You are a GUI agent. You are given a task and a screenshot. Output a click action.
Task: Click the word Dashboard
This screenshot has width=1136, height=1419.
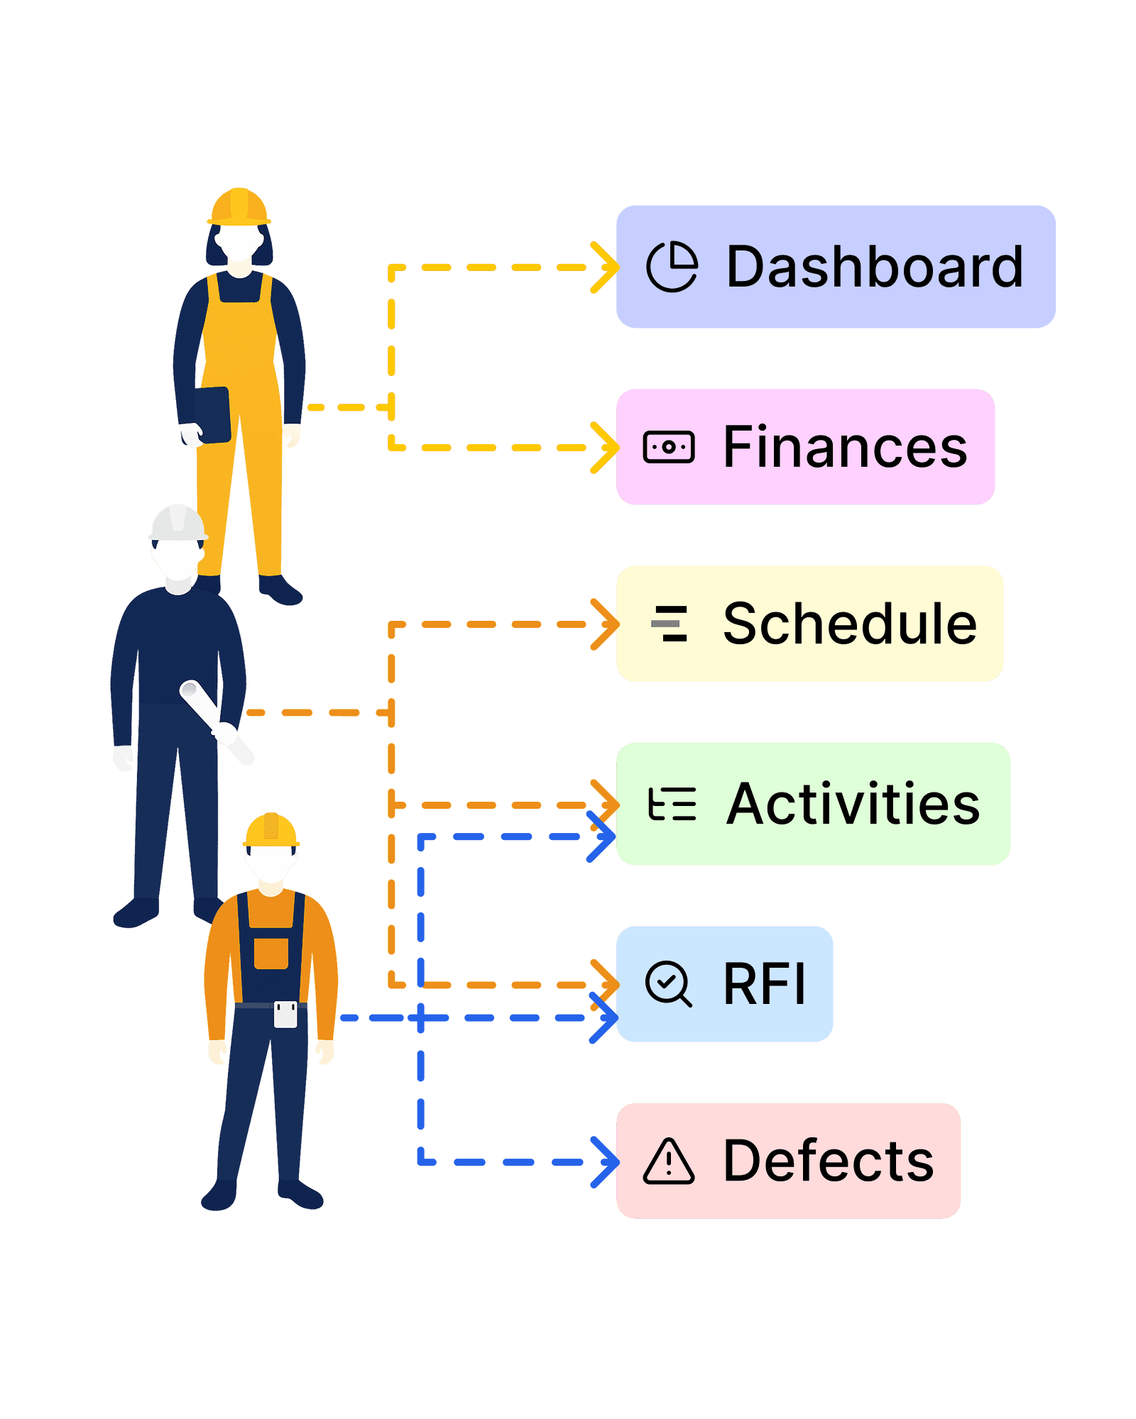pyautogui.click(x=875, y=267)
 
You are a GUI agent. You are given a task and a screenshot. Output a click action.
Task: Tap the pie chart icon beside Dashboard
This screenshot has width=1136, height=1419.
pyautogui.click(x=672, y=267)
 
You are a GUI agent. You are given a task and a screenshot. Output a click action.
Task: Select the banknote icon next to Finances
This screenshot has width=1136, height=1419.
pyautogui.click(x=668, y=447)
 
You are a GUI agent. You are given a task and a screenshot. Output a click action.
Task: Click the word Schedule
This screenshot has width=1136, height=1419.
pyautogui.click(x=849, y=624)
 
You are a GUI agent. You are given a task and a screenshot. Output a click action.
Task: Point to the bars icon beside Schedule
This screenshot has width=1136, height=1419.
pyautogui.click(x=670, y=624)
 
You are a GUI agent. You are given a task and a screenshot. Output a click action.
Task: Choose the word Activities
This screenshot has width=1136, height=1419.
pyautogui.click(x=853, y=804)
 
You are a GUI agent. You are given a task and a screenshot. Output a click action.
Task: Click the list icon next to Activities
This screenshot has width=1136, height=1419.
pyautogui.click(x=672, y=805)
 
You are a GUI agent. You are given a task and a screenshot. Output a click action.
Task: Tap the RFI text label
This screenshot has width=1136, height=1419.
pyautogui.click(x=765, y=984)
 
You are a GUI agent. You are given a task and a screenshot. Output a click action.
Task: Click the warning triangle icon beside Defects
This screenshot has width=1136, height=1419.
pyautogui.click(x=668, y=1162)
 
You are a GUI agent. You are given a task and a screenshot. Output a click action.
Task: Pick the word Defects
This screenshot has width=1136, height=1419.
pyautogui.click(x=828, y=1161)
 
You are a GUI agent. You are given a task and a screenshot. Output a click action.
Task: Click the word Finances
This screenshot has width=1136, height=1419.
pyautogui.click(x=845, y=447)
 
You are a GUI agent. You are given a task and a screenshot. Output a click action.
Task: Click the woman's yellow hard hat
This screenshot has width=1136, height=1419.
pyautogui.click(x=239, y=206)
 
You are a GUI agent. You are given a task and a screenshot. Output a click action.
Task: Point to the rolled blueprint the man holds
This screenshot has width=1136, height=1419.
pyautogui.click(x=217, y=722)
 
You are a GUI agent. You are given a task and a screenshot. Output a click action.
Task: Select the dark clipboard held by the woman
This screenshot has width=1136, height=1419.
pyautogui.click(x=213, y=414)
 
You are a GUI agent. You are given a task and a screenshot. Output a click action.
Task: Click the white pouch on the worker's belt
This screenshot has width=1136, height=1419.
pyautogui.click(x=285, y=1014)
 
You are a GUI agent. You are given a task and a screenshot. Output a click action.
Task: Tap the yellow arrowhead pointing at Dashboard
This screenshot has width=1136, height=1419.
pyautogui.click(x=605, y=267)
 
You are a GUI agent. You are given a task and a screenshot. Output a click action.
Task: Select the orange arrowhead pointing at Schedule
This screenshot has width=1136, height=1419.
pyautogui.click(x=605, y=624)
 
